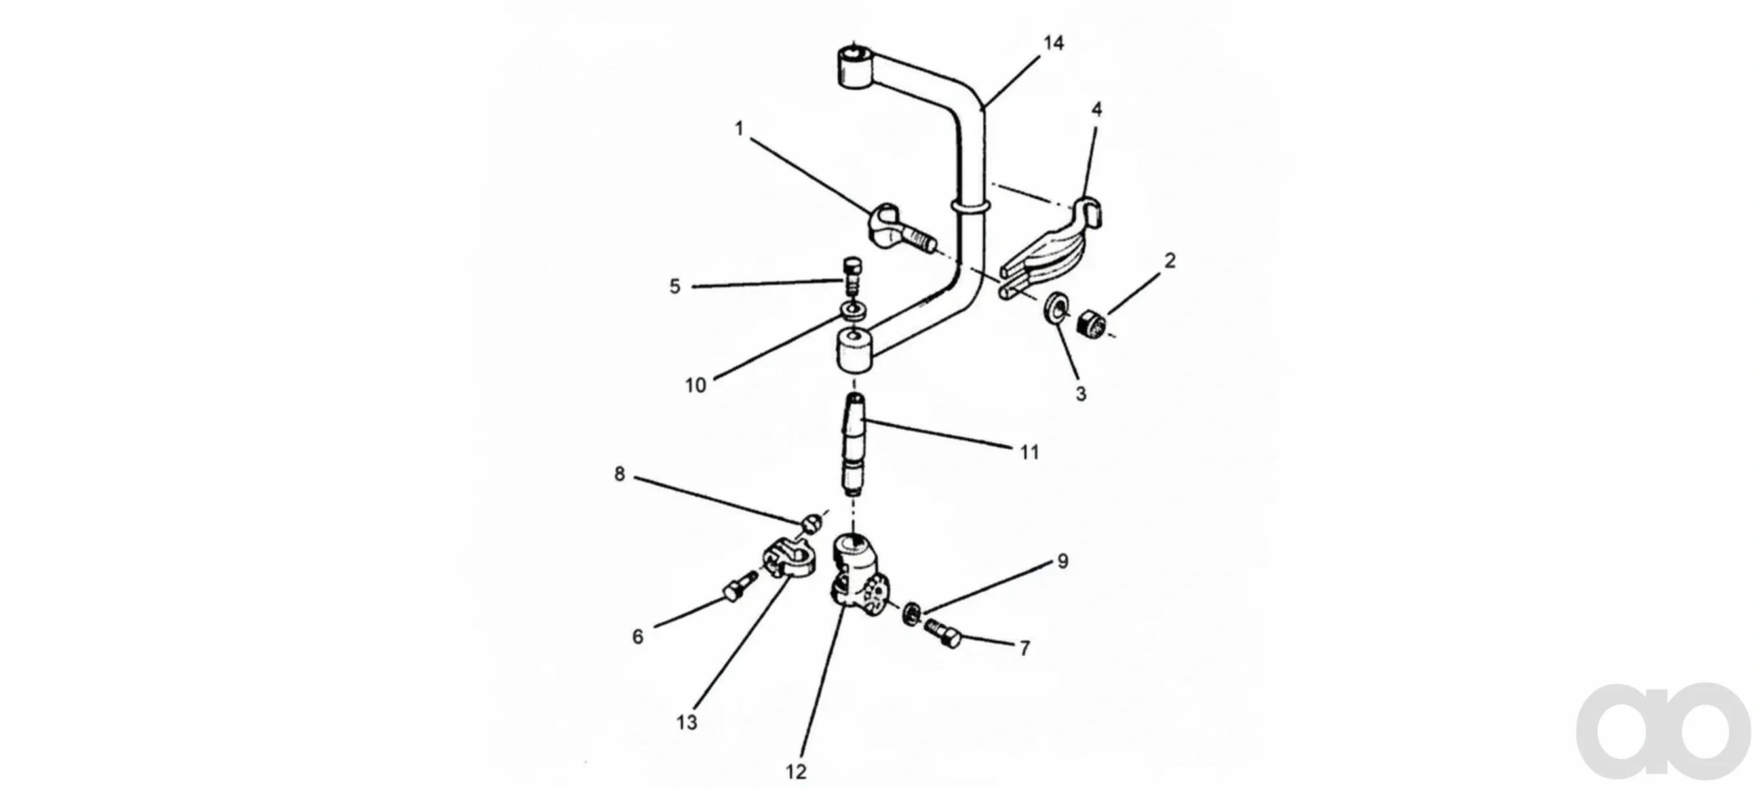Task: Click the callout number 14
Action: pos(1053,44)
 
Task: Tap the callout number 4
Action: pos(1097,110)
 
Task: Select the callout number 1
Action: pos(739,129)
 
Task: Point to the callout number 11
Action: pos(1029,452)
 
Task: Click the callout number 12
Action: pos(796,772)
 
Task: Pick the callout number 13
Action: pos(686,722)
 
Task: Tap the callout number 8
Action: pos(619,474)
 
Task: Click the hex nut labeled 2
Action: pos(1091,322)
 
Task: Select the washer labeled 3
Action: pos(1055,307)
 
